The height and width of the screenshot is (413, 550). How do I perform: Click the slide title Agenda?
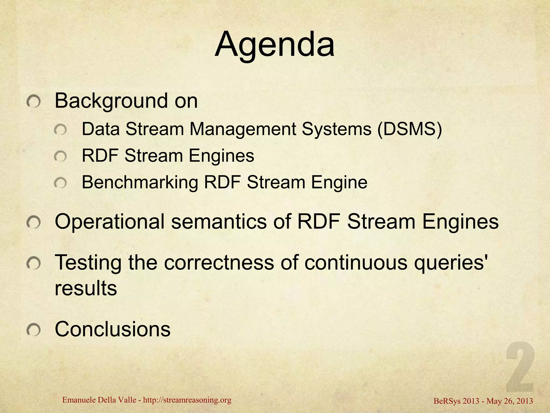(x=274, y=45)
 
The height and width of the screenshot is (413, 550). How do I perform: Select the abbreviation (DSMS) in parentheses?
(x=409, y=130)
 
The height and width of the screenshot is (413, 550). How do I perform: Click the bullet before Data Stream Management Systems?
(x=60, y=131)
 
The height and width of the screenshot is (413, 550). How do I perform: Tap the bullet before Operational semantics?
(x=34, y=223)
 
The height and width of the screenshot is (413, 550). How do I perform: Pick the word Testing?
(x=88, y=263)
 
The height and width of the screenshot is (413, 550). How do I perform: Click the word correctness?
(x=219, y=262)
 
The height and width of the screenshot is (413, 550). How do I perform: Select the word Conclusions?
(x=113, y=329)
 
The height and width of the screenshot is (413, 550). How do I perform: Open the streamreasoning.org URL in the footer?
(x=187, y=400)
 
